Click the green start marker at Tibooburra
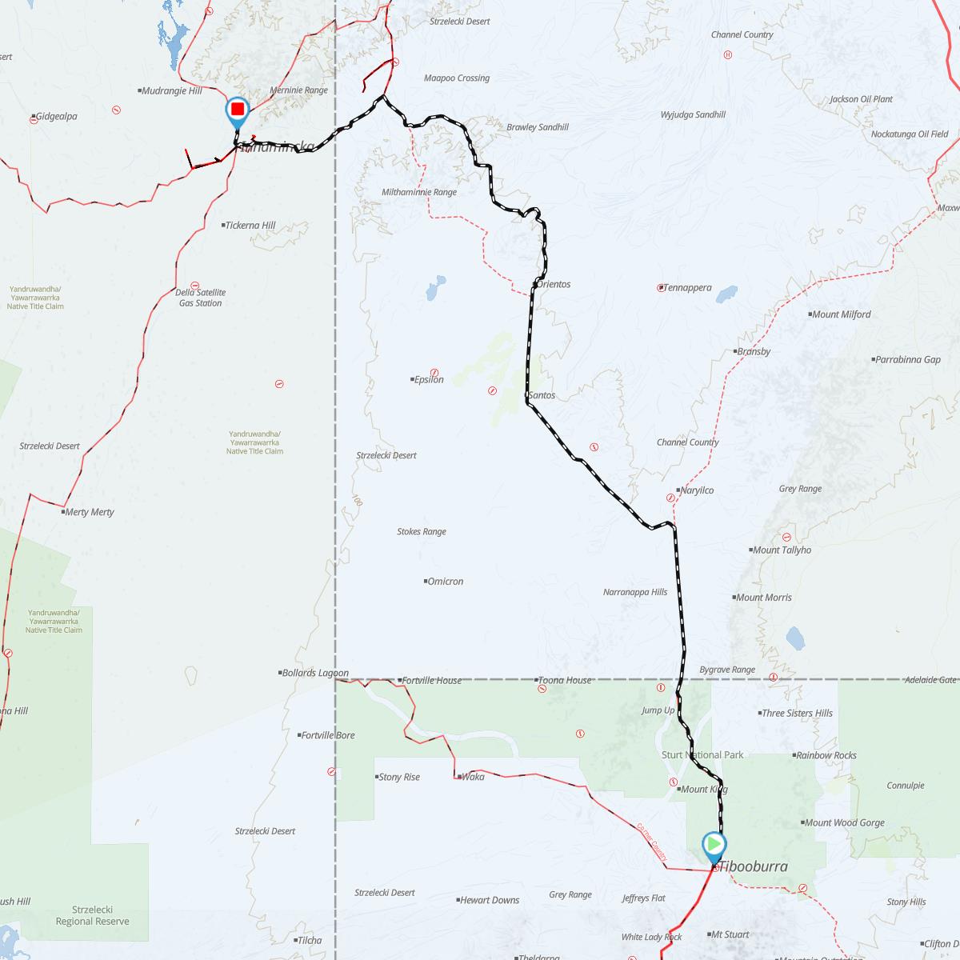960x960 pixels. pos(714,845)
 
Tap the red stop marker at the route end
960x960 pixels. pos(238,109)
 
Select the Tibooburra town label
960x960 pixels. pos(754,866)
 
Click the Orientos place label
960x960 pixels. pos(554,284)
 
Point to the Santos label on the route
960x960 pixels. pos(542,395)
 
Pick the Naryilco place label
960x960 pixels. pos(696,490)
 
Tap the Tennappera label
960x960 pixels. pos(687,288)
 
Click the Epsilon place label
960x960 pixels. pos(429,380)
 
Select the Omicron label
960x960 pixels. pos(445,582)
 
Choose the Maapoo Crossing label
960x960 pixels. pos(456,78)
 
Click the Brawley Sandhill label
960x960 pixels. pos(538,127)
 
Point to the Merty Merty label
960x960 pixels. pos(90,512)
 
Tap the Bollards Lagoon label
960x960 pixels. pos(315,674)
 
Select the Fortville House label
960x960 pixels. pos(432,681)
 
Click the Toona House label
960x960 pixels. pos(566,681)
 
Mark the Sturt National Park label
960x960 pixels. pos(702,755)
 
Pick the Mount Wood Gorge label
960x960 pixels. pos(845,823)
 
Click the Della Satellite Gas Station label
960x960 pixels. pos(201,298)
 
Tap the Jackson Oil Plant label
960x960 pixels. pos(861,99)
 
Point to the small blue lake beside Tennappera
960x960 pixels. pos(726,294)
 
